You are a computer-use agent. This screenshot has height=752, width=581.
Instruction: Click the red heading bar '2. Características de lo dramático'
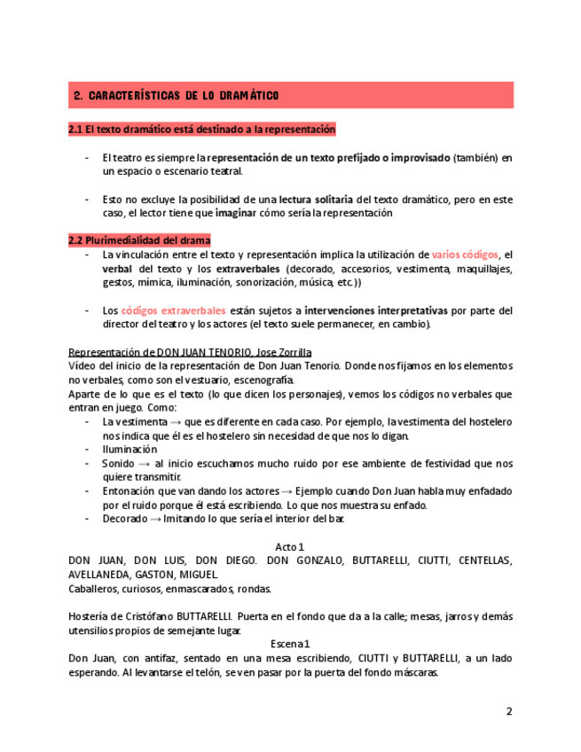pos(290,95)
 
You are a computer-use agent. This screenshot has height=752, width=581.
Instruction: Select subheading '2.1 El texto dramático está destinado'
pos(201,129)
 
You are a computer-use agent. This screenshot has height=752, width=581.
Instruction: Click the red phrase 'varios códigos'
pos(465,255)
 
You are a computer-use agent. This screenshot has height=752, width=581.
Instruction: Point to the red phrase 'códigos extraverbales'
pos(174,310)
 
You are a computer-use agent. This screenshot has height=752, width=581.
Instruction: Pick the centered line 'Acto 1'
pos(290,547)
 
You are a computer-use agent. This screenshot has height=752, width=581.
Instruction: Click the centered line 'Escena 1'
pos(290,644)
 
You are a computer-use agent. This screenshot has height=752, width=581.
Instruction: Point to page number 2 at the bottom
pos(509,711)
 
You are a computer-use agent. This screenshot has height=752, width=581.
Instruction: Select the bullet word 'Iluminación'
pos(130,450)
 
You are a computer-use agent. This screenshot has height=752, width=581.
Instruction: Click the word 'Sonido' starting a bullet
pos(118,463)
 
